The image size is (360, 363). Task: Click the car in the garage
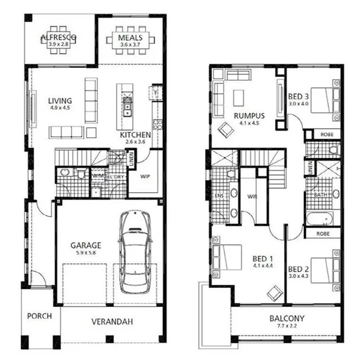click(x=135, y=251)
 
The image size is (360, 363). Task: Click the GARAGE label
click(x=85, y=246)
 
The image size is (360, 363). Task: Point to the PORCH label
click(x=38, y=316)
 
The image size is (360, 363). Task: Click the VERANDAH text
click(x=112, y=322)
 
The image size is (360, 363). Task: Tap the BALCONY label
click(x=286, y=318)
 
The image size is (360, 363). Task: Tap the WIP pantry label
click(x=145, y=177)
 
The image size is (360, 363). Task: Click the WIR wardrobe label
click(x=251, y=196)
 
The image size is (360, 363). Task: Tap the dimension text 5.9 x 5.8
click(x=85, y=254)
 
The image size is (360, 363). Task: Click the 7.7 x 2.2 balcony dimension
click(x=286, y=326)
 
